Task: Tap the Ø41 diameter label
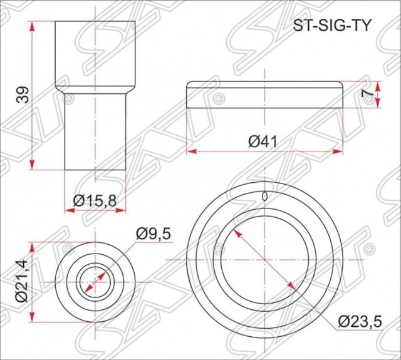coord(263,141)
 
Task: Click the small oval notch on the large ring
coord(265,197)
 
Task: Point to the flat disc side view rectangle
coord(265,95)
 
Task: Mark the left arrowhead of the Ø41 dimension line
coord(190,152)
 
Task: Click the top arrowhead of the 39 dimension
coord(31,24)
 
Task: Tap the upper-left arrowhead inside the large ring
coord(237,231)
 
